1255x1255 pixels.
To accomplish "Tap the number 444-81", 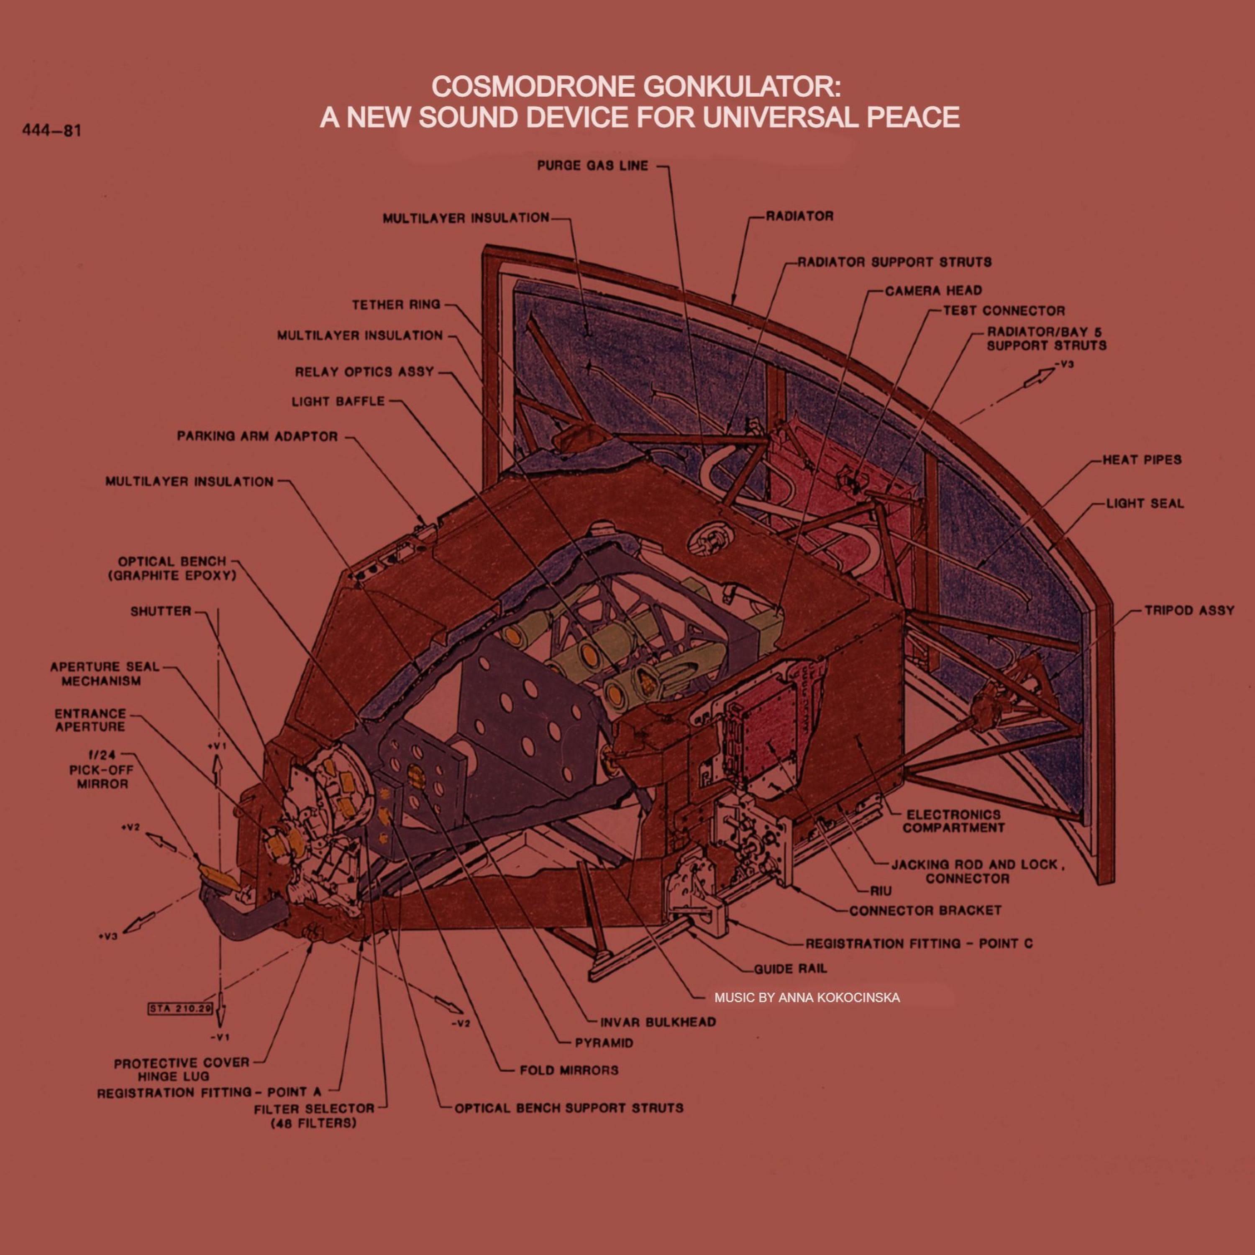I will pyautogui.click(x=51, y=131).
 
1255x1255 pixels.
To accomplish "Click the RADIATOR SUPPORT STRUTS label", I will pyautogui.click(x=894, y=262).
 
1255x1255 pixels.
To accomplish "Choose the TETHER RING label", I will pyautogui.click(x=396, y=304).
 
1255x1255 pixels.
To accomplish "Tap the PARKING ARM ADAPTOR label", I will pyautogui.click(x=257, y=436).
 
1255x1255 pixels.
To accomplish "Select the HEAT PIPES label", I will pyautogui.click(x=1141, y=460).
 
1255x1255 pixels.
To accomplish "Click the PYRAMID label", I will pyautogui.click(x=604, y=1043).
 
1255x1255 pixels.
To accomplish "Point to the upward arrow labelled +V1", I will pyautogui.click(x=220, y=773).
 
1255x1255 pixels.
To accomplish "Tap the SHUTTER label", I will pyautogui.click(x=161, y=611).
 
